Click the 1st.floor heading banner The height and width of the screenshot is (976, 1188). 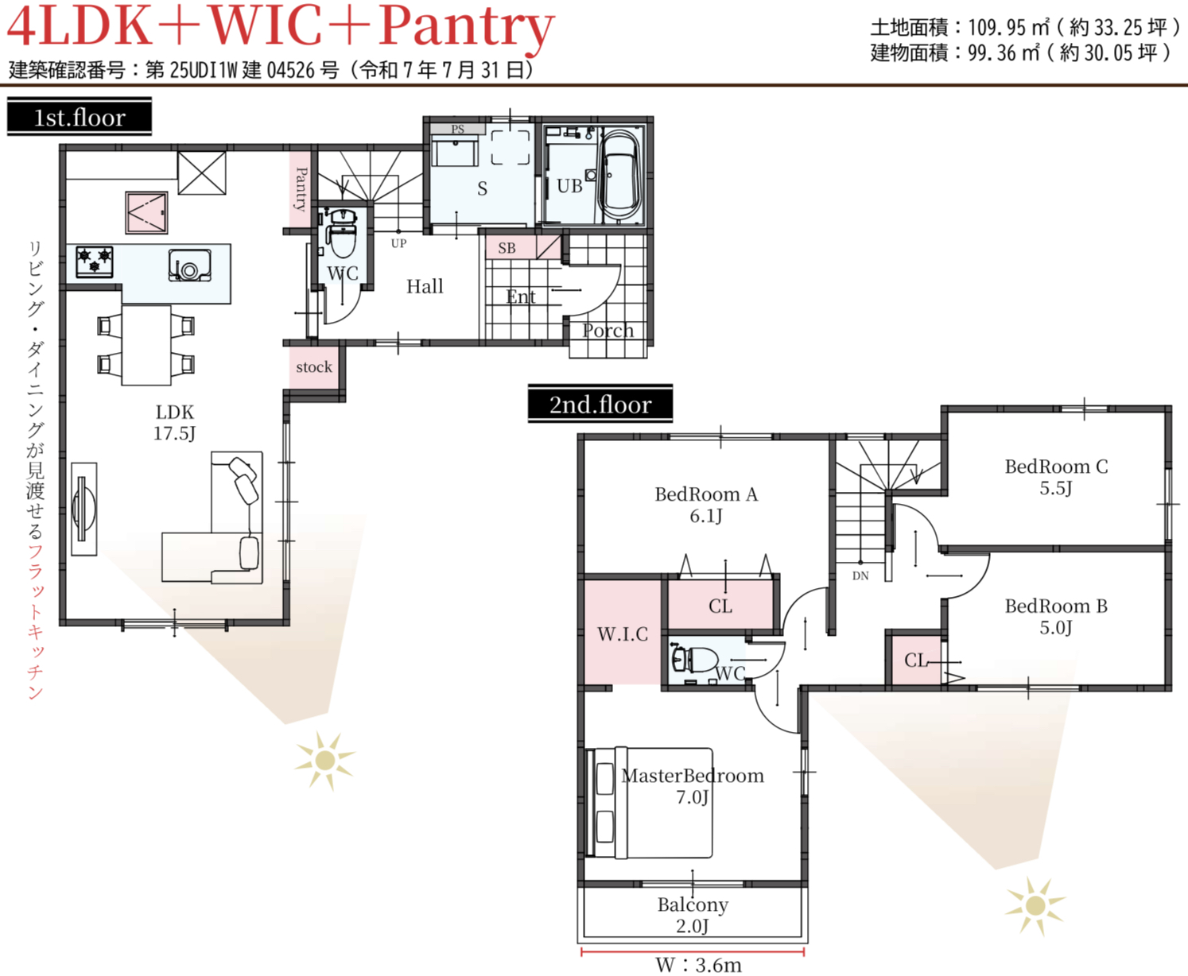click(80, 117)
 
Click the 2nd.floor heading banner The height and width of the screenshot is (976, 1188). click(600, 403)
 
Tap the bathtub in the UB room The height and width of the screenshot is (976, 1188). click(619, 176)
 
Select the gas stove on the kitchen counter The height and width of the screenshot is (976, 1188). click(95, 261)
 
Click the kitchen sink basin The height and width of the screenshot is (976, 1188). click(190, 265)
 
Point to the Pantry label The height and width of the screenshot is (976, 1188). click(301, 189)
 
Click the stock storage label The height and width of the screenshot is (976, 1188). click(314, 367)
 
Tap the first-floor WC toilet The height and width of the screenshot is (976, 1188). click(343, 233)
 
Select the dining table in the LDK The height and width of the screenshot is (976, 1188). click(146, 345)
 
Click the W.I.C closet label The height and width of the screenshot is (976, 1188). click(623, 634)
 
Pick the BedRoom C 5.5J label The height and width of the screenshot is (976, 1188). click(1056, 477)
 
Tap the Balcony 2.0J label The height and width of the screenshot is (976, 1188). click(693, 915)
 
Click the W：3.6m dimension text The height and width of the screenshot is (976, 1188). click(698, 965)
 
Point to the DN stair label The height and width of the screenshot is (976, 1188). click(860, 576)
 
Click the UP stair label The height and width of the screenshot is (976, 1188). click(399, 243)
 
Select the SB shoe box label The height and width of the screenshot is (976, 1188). click(507, 248)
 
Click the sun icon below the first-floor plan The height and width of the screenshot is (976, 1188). click(325, 761)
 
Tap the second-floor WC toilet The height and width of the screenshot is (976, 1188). click(694, 659)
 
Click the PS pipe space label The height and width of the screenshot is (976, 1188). click(457, 129)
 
